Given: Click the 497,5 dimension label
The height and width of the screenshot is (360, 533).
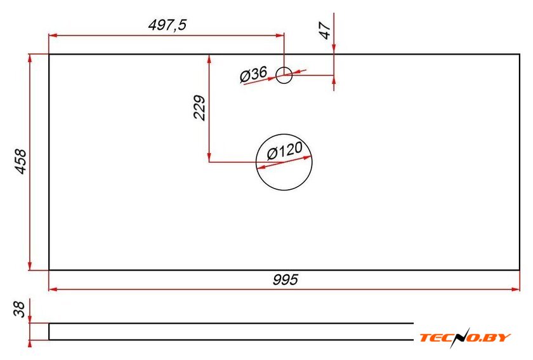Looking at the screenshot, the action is [x=168, y=25].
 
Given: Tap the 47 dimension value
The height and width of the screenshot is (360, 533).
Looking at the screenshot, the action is [x=326, y=30].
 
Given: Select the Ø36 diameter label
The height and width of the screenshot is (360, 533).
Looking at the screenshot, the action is [x=254, y=74].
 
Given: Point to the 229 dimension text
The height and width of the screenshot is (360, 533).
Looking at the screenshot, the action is [x=199, y=108].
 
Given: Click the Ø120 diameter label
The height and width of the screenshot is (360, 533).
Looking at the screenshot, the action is [x=284, y=150].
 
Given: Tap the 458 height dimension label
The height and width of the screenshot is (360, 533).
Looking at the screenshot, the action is [x=21, y=162].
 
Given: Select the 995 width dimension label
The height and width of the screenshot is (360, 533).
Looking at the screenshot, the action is [x=285, y=280].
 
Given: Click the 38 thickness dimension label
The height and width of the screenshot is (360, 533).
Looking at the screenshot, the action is [x=20, y=309].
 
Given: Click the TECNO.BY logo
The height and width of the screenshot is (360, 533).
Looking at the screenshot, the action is [x=465, y=338].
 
